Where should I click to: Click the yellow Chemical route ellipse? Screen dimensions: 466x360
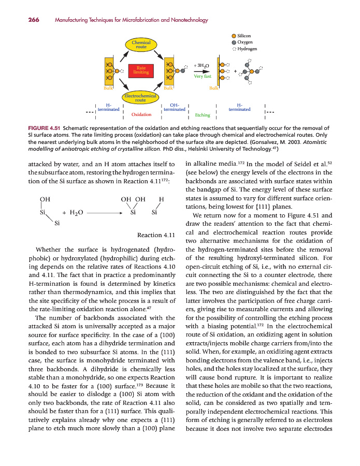point(141,45)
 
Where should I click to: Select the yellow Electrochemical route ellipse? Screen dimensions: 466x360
point(140,98)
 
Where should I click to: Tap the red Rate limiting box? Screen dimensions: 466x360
point(141,70)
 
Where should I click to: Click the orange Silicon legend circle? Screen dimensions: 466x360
point(234,35)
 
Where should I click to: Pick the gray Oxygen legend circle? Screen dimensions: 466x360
point(234,42)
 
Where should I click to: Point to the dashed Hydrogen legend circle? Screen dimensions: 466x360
point(234,49)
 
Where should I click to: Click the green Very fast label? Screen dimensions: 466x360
point(202,77)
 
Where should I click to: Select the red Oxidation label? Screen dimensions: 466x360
point(141,114)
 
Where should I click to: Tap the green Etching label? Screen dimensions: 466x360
point(203,115)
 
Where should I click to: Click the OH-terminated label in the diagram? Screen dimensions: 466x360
point(174,107)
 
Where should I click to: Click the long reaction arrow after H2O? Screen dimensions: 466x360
point(106,213)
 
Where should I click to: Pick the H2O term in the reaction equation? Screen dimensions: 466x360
point(76,213)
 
